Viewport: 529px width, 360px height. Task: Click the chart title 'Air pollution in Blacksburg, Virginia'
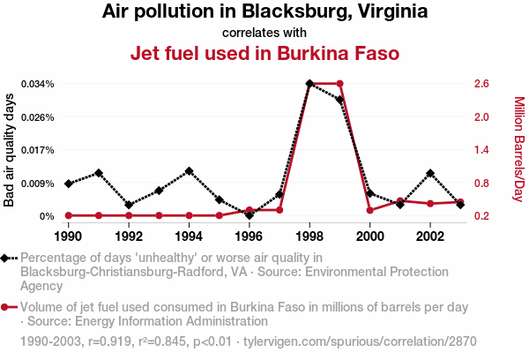(264, 12)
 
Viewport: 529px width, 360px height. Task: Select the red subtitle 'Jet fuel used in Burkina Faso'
(264, 53)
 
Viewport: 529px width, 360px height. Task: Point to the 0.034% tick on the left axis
(36, 84)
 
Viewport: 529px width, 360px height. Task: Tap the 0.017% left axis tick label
(36, 150)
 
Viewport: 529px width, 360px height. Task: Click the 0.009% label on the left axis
(36, 184)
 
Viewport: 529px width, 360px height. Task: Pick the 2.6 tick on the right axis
(481, 84)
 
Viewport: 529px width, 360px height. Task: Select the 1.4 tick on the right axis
(481, 150)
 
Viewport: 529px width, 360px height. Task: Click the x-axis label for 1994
(189, 236)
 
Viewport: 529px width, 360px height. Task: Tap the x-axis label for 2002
(430, 236)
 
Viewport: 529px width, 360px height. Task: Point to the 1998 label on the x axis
(309, 236)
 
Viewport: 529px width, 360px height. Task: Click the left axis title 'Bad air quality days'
(11, 150)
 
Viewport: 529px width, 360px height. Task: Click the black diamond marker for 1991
(99, 173)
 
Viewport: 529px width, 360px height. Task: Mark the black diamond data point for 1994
(189, 170)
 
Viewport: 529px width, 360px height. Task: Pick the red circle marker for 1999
(339, 84)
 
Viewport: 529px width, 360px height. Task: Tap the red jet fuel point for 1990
(69, 215)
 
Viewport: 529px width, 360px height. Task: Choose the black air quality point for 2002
(430, 173)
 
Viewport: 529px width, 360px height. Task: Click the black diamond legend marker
(7, 258)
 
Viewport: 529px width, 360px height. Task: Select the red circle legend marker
(7, 307)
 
